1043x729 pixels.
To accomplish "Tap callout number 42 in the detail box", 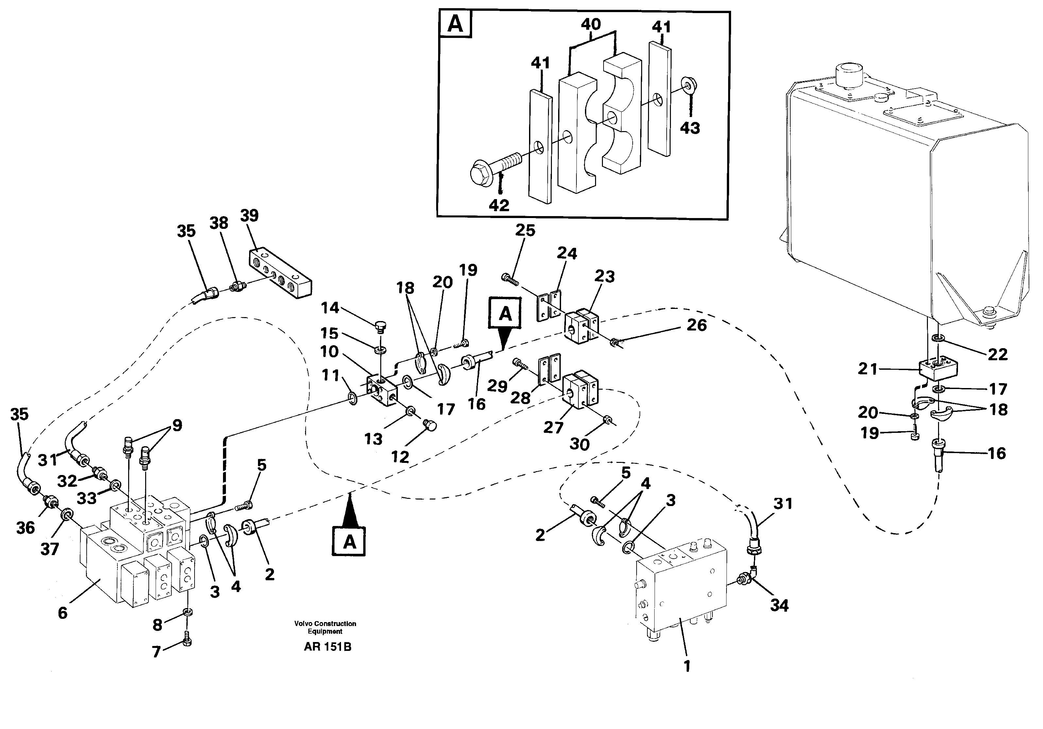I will pyautogui.click(x=499, y=205).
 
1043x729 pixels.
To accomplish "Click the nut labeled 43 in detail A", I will pyautogui.click(x=689, y=85).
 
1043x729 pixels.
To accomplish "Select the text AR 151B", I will pyautogui.click(x=327, y=647).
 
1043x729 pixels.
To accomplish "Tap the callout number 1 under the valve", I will pyautogui.click(x=687, y=666).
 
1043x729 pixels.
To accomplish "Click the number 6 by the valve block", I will pyautogui.click(x=63, y=613).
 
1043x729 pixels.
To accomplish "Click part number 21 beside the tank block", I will pyautogui.click(x=868, y=369).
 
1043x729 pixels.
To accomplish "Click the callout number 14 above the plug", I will pyautogui.click(x=330, y=308).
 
